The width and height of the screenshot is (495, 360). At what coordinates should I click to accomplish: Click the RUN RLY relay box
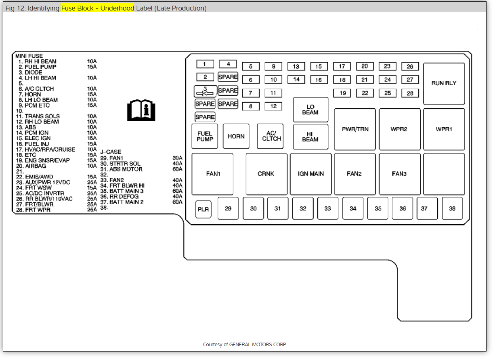pos(444,83)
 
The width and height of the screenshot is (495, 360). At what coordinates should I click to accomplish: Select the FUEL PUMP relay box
pos(205,137)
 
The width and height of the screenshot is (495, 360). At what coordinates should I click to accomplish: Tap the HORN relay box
pos(236,137)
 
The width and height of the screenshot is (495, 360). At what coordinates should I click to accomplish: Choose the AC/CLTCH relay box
pos(271,137)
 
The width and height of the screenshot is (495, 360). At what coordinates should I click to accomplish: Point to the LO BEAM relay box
pos(310,109)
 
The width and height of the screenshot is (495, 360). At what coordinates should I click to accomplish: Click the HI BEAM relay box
pos(310,137)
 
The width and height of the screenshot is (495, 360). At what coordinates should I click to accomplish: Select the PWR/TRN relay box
pos(355,129)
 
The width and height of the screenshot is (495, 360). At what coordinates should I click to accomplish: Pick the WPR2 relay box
pos(399,129)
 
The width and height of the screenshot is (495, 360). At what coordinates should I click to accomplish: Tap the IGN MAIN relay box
pos(310,174)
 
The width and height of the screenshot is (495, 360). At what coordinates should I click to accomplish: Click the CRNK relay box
pos(266,174)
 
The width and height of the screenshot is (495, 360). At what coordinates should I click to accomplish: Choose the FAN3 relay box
pos(399,174)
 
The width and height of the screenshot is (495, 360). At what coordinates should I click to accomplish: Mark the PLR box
pos(203,210)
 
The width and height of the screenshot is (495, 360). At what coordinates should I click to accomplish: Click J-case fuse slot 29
pos(228,208)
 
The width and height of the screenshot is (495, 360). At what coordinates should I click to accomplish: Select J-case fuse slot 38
pos(452,208)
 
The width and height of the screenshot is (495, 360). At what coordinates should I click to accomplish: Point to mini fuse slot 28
pos(410,93)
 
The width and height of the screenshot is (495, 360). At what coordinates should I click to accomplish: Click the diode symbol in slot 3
pos(205,91)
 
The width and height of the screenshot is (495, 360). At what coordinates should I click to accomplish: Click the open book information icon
pos(141,110)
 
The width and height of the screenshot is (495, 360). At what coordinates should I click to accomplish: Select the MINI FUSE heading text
pos(29,56)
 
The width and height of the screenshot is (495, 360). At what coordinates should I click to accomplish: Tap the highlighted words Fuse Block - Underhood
pos(98,8)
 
